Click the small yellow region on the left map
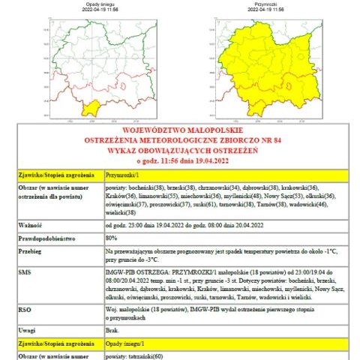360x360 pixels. (x=92, y=108)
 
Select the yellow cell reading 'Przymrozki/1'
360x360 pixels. (x=121, y=174)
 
